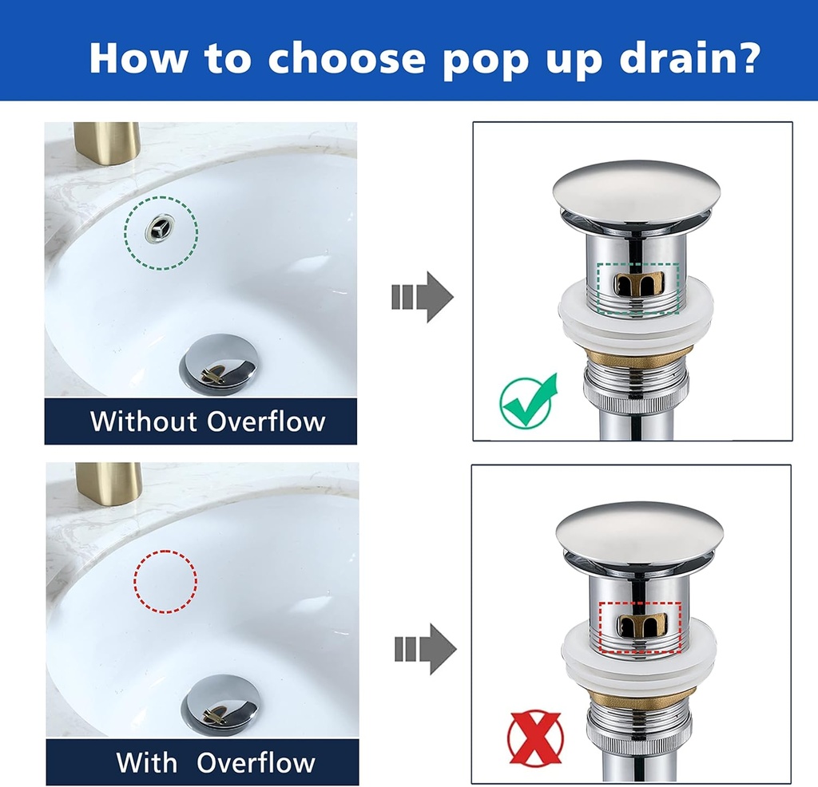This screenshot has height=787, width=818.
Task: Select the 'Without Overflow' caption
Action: coord(208,421)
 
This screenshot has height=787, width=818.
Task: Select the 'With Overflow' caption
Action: coord(216,761)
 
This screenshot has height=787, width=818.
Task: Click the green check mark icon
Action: coord(527,399)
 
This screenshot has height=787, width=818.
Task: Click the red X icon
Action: coord(534,738)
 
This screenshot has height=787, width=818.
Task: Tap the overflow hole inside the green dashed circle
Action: coord(161,230)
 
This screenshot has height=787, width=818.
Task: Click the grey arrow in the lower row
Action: coord(425,649)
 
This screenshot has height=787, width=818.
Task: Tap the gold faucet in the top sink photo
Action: coord(107,142)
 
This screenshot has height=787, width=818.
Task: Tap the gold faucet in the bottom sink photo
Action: coord(108,483)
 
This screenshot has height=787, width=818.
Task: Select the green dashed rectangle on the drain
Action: coord(638,289)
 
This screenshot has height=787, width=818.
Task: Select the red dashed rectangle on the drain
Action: coord(640,627)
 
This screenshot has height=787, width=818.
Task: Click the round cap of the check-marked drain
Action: coord(635,192)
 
